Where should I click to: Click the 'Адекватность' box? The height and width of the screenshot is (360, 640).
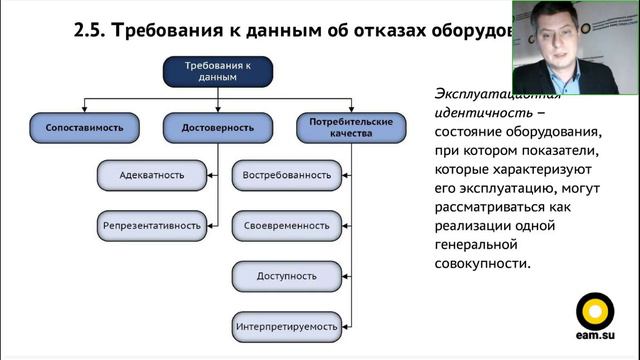click(x=151, y=175)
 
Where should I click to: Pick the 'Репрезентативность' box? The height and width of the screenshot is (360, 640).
click(x=151, y=225)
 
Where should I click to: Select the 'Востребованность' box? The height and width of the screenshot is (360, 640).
click(x=286, y=175)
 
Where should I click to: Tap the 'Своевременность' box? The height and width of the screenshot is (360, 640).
click(x=286, y=225)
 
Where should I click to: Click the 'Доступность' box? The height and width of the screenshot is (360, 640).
click(x=286, y=275)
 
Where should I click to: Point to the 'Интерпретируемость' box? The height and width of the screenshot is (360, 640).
click(x=286, y=326)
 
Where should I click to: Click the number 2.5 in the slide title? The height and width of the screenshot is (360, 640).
click(x=91, y=30)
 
